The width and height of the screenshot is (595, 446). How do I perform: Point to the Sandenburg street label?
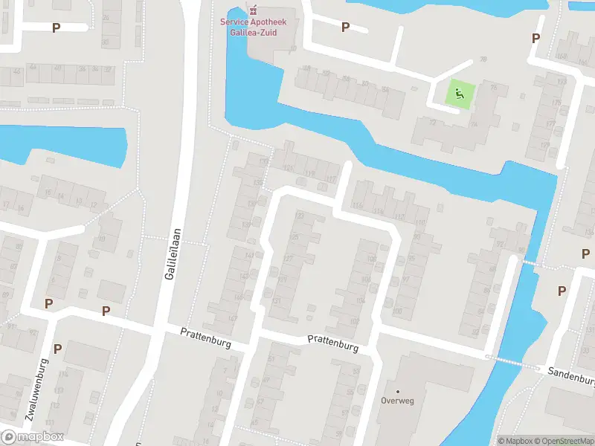tap(572, 375)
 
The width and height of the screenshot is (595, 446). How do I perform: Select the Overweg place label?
tap(397, 400)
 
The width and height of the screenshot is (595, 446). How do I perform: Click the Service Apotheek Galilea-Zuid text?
tap(253, 26)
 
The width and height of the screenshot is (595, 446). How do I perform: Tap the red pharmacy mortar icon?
tap(254, 10)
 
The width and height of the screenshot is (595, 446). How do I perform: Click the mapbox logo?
tap(32, 436)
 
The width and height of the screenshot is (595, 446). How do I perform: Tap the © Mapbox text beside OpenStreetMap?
tap(516, 441)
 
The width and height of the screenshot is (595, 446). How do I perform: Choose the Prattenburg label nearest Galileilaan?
tap(206, 340)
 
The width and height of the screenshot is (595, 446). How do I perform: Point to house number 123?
tap(299, 216)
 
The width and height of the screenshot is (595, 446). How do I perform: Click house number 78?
tap(483, 60)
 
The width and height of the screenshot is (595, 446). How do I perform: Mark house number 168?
tap(562, 56)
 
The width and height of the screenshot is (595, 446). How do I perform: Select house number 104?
tap(360, 300)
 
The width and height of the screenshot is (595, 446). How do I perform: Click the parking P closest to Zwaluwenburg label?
tap(57, 348)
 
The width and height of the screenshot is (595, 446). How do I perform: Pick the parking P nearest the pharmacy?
tap(345, 27)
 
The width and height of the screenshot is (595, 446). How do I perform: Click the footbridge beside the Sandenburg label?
tap(513, 362)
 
